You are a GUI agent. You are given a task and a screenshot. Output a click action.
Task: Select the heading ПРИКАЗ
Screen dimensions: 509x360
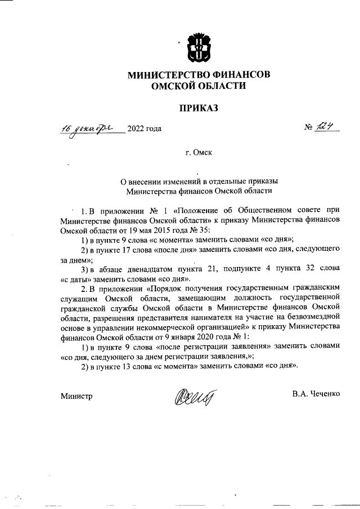[197, 107]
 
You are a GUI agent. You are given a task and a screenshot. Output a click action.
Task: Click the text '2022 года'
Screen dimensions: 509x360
[145, 129]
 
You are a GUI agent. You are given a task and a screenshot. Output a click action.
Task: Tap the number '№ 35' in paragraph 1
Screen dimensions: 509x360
[196, 229]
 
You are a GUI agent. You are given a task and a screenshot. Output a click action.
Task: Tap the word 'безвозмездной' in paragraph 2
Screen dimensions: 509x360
[314, 316]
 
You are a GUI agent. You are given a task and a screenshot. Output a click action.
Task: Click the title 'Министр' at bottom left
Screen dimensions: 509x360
[76, 395]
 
